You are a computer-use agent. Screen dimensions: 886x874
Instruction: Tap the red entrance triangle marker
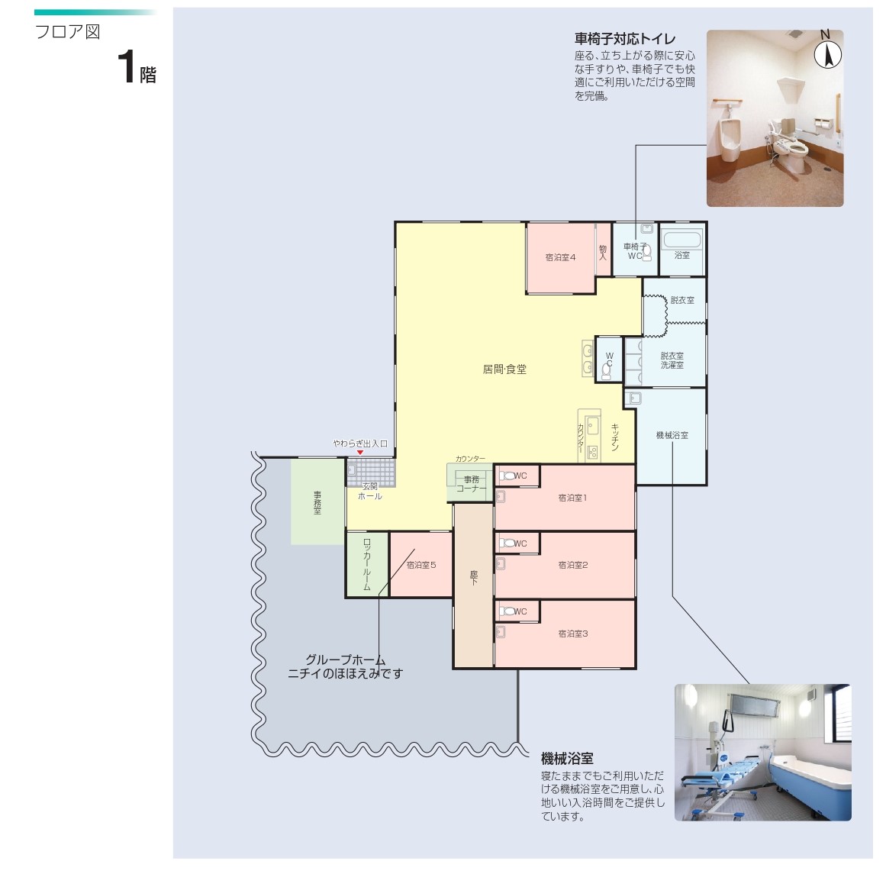[360, 452]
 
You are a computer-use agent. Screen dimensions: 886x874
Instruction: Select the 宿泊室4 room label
[560, 257]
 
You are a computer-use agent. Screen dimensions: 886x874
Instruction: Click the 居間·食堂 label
[504, 369]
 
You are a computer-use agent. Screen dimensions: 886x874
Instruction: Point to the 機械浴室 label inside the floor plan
[672, 435]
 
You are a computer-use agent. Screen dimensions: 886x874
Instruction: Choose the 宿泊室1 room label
[572, 498]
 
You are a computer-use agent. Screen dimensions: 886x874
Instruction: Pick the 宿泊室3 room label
[573, 634]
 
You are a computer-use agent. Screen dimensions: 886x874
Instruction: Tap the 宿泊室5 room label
[421, 565]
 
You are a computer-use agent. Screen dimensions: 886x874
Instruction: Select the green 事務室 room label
[317, 502]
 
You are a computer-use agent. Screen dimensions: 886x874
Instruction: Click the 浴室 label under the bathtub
[682, 255]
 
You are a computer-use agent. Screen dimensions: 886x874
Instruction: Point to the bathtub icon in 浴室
[681, 239]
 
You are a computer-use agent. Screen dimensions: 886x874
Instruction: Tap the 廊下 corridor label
[473, 577]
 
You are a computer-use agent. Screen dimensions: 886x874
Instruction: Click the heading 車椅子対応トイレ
[625, 39]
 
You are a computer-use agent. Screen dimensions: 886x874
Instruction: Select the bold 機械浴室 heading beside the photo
[567, 759]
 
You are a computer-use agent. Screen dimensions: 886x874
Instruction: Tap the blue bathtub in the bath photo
[810, 784]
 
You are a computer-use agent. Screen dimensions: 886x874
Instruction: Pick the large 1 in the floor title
[127, 66]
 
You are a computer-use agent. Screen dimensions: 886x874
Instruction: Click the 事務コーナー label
[472, 484]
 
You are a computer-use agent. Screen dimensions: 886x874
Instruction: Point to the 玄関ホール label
[370, 492]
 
